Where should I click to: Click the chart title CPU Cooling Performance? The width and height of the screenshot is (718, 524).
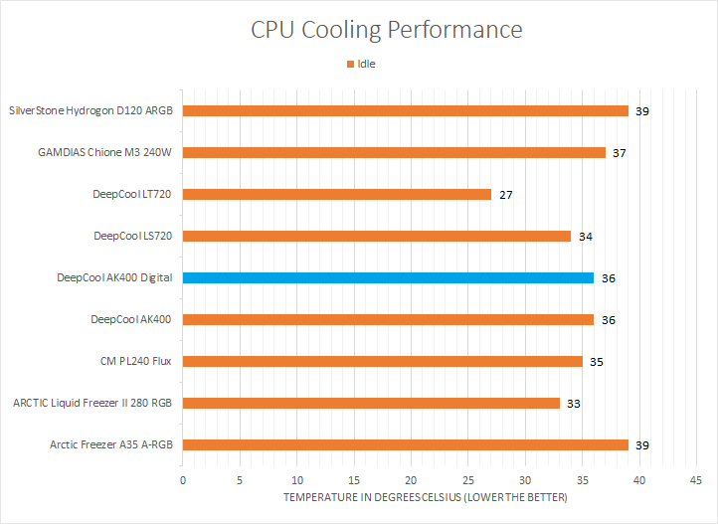point(386,30)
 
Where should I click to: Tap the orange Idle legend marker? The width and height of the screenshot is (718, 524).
point(350,65)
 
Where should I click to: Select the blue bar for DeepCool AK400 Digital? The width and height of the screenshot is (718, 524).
point(388,277)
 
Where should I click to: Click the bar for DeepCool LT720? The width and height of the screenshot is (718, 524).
point(336,194)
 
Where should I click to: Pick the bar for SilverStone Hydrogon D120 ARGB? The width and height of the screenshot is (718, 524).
point(405,110)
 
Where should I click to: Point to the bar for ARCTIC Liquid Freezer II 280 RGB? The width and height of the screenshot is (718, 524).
point(371,403)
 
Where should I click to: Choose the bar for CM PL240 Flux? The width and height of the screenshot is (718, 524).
point(382,361)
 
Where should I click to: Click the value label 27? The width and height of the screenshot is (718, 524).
point(506,195)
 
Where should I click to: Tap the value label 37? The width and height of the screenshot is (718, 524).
point(620,153)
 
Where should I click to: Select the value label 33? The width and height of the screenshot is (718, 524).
point(574,404)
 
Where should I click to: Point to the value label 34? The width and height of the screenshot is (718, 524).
point(586,237)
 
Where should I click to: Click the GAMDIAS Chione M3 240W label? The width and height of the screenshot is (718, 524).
point(105,152)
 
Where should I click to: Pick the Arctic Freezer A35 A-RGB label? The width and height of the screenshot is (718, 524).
point(110,444)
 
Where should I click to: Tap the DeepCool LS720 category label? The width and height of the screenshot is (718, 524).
point(132,236)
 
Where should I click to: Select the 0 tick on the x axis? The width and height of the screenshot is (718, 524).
point(183,480)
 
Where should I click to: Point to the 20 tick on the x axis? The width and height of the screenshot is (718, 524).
point(411,480)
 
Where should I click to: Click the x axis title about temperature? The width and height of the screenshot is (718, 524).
point(426,497)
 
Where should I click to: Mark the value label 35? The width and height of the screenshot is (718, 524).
point(597,362)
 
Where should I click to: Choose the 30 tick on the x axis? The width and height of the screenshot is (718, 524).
point(525,480)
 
